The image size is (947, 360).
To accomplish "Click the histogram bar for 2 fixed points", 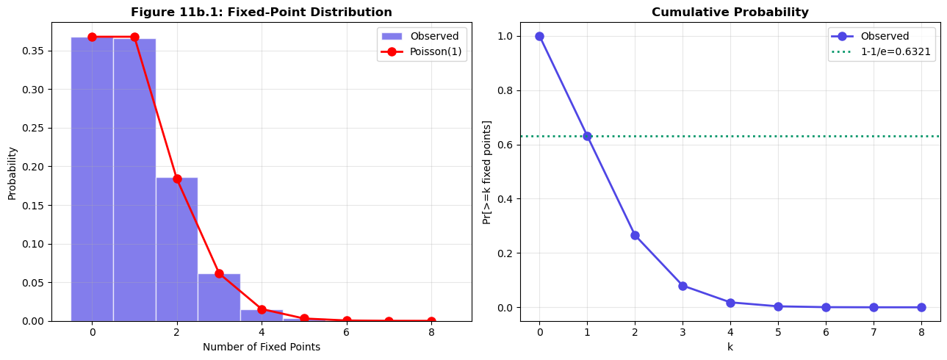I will [176, 249].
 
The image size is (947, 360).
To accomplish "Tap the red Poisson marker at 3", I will [219, 273].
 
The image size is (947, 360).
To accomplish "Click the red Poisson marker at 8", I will [431, 321].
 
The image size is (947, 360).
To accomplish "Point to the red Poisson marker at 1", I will [134, 37].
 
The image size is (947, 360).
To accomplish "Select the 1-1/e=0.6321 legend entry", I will [882, 52].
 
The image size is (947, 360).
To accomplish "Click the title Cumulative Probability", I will [730, 12].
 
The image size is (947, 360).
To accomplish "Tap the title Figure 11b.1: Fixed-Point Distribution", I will [262, 12].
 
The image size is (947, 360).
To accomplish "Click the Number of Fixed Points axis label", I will [262, 347].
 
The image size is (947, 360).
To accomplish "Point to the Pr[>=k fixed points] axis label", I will [487, 172].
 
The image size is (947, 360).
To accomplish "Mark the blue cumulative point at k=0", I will [539, 36].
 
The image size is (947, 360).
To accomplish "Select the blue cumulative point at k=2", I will [635, 235].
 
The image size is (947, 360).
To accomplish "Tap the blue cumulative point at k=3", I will [683, 286].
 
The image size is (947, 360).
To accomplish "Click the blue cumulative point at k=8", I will [921, 307].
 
